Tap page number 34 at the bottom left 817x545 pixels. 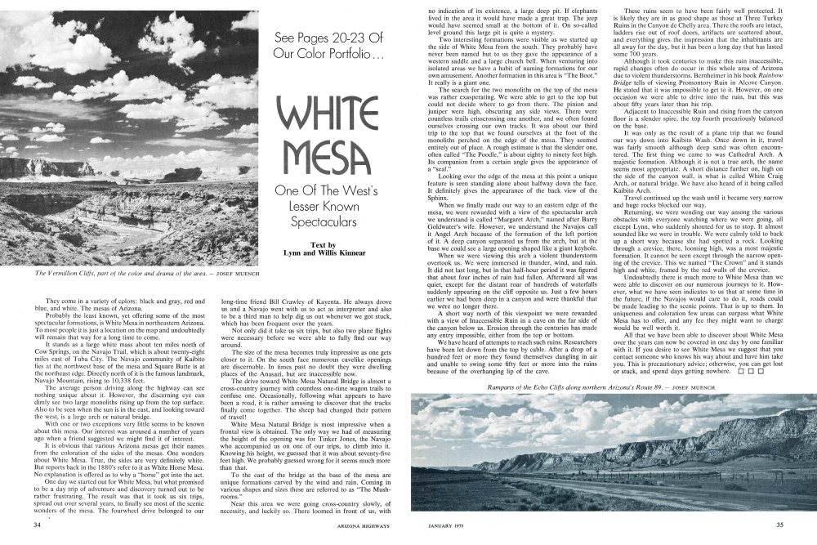[36, 525]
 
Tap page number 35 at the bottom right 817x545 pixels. [780, 525]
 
